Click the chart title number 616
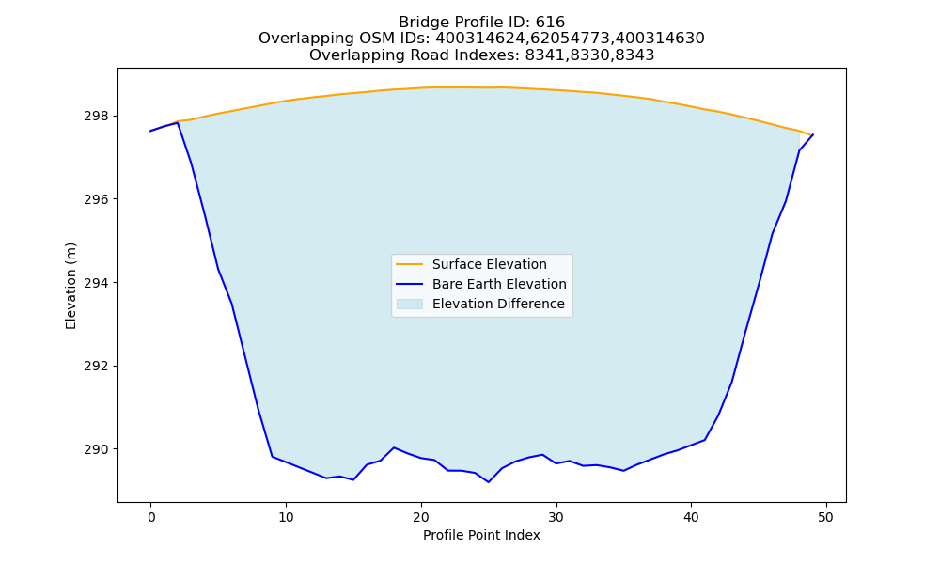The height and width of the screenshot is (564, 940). pos(550,23)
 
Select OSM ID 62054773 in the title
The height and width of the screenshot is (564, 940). pos(571,39)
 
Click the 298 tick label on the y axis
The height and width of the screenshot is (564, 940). pos(96,116)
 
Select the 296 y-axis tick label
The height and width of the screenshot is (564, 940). pos(96,199)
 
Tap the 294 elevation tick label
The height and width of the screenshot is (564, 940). pos(96,282)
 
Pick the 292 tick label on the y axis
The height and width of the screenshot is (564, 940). pos(96,366)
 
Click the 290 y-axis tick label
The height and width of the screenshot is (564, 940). pos(96,449)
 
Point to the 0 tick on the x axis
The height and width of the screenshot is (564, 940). pos(151,517)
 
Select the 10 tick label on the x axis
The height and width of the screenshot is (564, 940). pos(286,517)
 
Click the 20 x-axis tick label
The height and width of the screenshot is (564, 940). pos(421,517)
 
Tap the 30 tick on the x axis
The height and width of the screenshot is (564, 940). pos(556,517)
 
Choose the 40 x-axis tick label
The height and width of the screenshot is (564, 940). pos(691,517)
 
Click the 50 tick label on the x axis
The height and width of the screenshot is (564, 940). pos(826,517)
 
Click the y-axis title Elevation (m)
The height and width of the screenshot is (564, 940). pos(70,286)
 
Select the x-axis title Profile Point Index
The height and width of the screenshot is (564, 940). pos(481,535)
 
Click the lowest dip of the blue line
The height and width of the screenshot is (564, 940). pos(489,482)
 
